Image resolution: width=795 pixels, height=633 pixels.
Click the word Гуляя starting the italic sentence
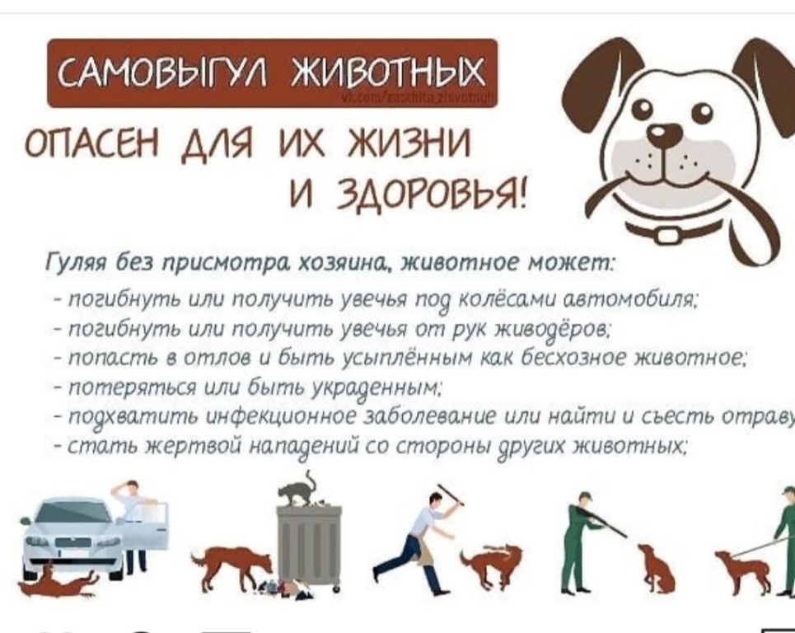click(72, 263)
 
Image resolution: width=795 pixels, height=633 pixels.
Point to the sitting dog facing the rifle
click(655, 566)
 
